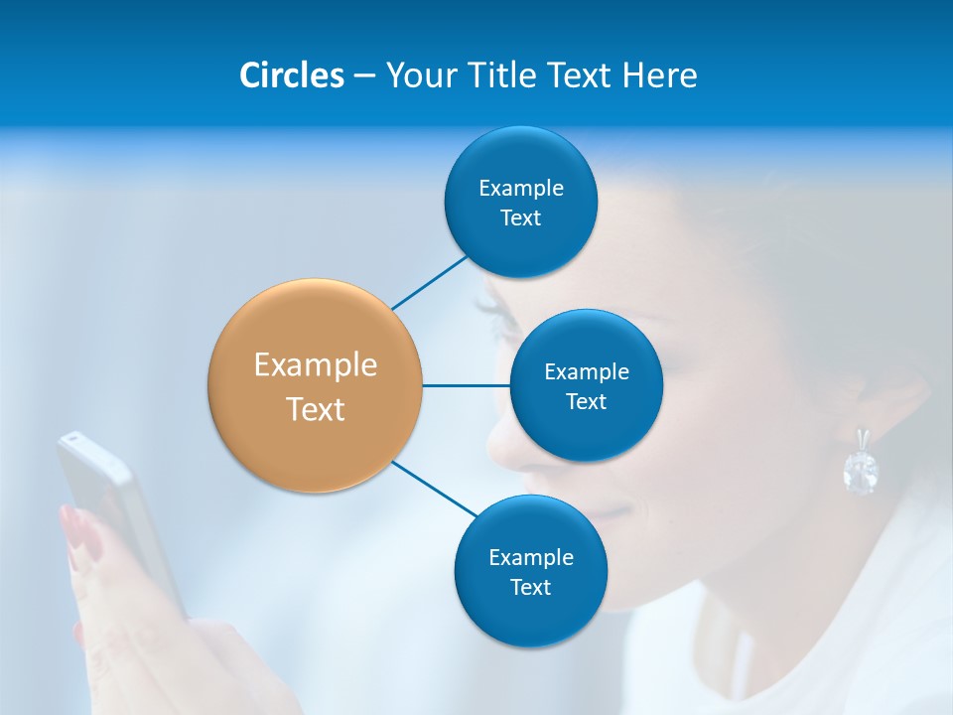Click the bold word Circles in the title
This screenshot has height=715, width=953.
291,75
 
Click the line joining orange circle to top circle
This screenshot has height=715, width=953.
430,282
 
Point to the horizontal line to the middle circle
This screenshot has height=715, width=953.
466,385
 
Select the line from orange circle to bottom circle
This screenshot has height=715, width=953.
435,489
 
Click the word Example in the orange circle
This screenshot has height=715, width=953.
316,364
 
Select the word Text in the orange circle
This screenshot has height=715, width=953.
316,409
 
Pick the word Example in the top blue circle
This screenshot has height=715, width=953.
521,188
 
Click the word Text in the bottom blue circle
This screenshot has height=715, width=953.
530,587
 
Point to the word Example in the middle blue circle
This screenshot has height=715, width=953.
587,371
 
